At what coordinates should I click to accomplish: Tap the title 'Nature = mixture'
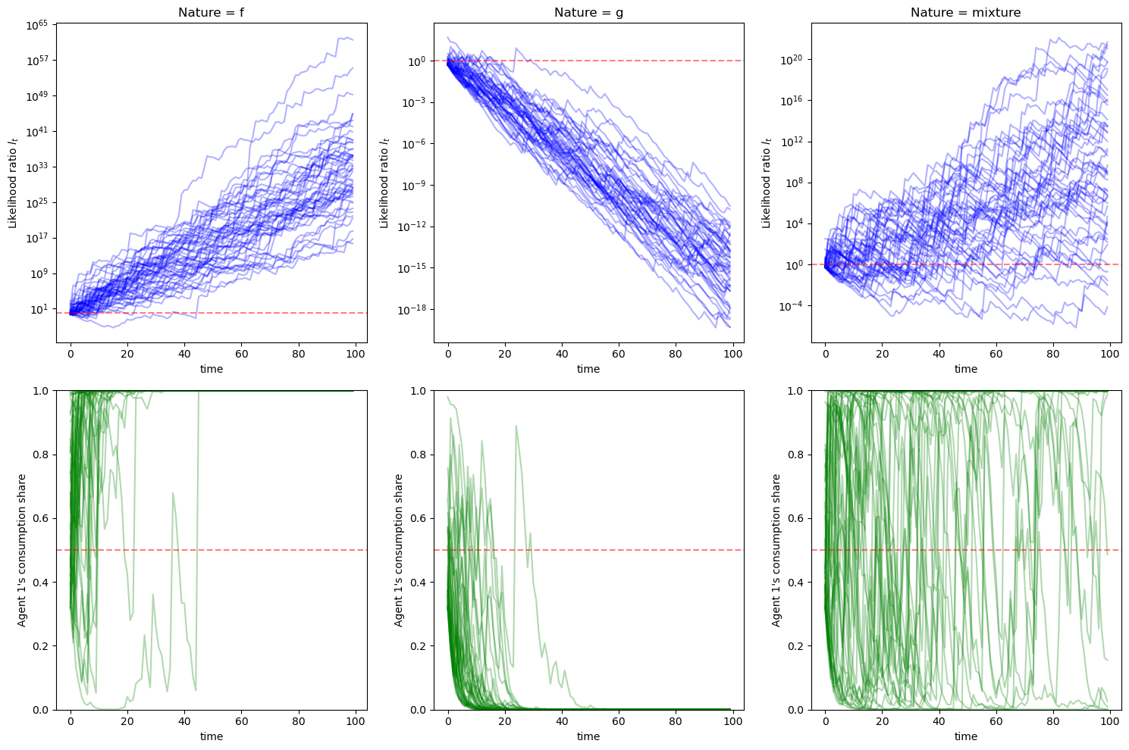[965, 12]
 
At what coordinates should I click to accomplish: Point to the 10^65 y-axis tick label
[37, 25]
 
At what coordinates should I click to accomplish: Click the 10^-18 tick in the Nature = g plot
[412, 310]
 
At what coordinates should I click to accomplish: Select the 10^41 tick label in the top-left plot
[37, 132]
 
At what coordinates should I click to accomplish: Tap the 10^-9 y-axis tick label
[414, 186]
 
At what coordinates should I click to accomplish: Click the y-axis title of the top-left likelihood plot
[13, 183]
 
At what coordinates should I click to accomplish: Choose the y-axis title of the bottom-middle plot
[398, 550]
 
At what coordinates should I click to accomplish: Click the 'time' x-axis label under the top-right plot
[965, 369]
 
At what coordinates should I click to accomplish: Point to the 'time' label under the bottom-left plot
[211, 736]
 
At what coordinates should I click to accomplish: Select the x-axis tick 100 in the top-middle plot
[732, 353]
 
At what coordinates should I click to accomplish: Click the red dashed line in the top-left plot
[227, 313]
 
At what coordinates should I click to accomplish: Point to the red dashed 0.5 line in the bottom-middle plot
[607, 550]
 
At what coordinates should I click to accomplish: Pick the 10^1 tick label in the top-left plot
[39, 309]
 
